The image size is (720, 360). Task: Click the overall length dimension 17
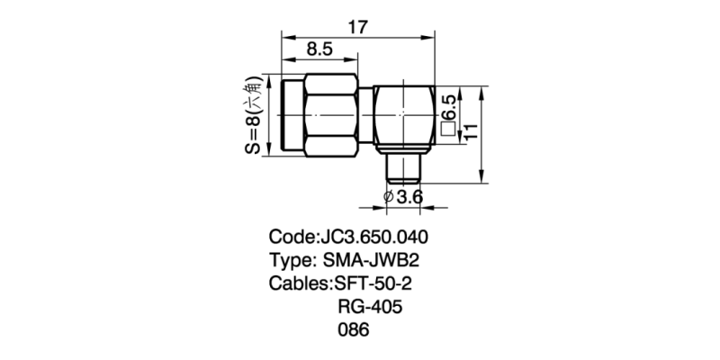click(357, 27)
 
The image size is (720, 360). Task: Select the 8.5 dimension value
click(321, 49)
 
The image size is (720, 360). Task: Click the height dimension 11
click(470, 131)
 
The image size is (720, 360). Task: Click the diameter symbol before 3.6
click(387, 197)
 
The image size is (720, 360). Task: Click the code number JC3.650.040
click(373, 238)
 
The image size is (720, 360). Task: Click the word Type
click(289, 261)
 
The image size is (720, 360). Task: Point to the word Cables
click(299, 284)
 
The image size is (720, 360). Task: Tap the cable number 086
click(353, 330)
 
